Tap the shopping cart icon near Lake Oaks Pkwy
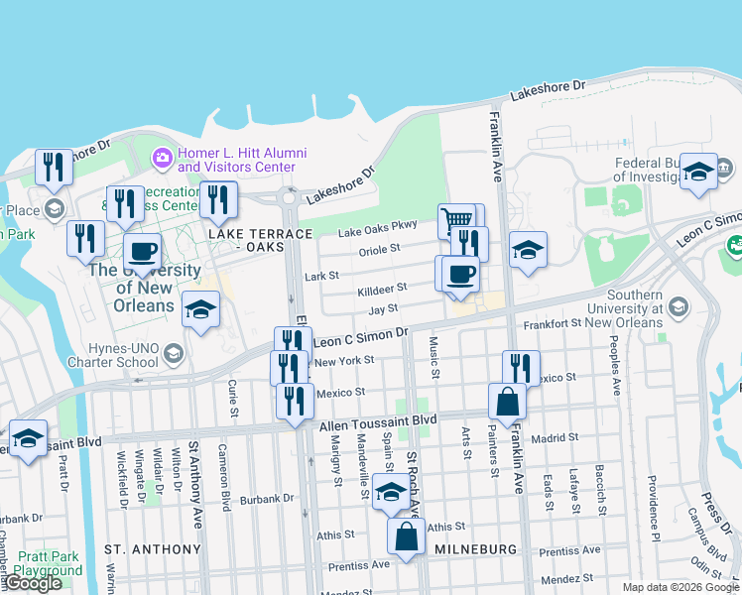[455, 219]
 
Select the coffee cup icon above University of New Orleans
[142, 251]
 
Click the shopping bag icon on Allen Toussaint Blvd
[507, 402]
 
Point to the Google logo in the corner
[32, 583]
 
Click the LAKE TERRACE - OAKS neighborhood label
[260, 240]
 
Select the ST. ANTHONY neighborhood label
[153, 548]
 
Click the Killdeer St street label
[382, 289]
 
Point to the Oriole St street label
[381, 249]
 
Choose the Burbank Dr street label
[268, 499]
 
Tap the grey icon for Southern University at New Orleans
[678, 304]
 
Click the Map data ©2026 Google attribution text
[680, 587]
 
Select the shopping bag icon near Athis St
[408, 539]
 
